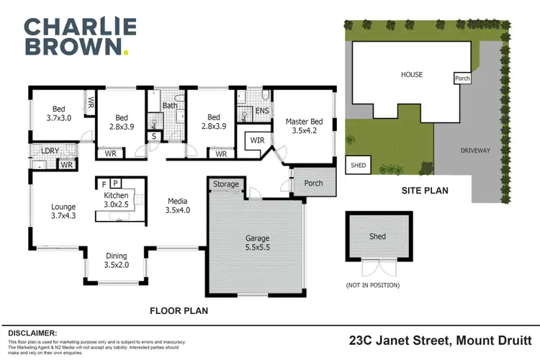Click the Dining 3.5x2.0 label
click(115, 260)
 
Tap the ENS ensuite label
click(262, 112)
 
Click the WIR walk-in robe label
click(256, 141)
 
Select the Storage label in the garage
click(225, 184)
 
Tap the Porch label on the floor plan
click(313, 183)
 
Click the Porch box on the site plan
click(462, 78)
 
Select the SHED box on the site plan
click(358, 164)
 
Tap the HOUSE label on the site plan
click(412, 74)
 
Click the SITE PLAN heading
click(424, 191)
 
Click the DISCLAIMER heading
click(32, 333)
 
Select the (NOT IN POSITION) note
click(373, 285)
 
